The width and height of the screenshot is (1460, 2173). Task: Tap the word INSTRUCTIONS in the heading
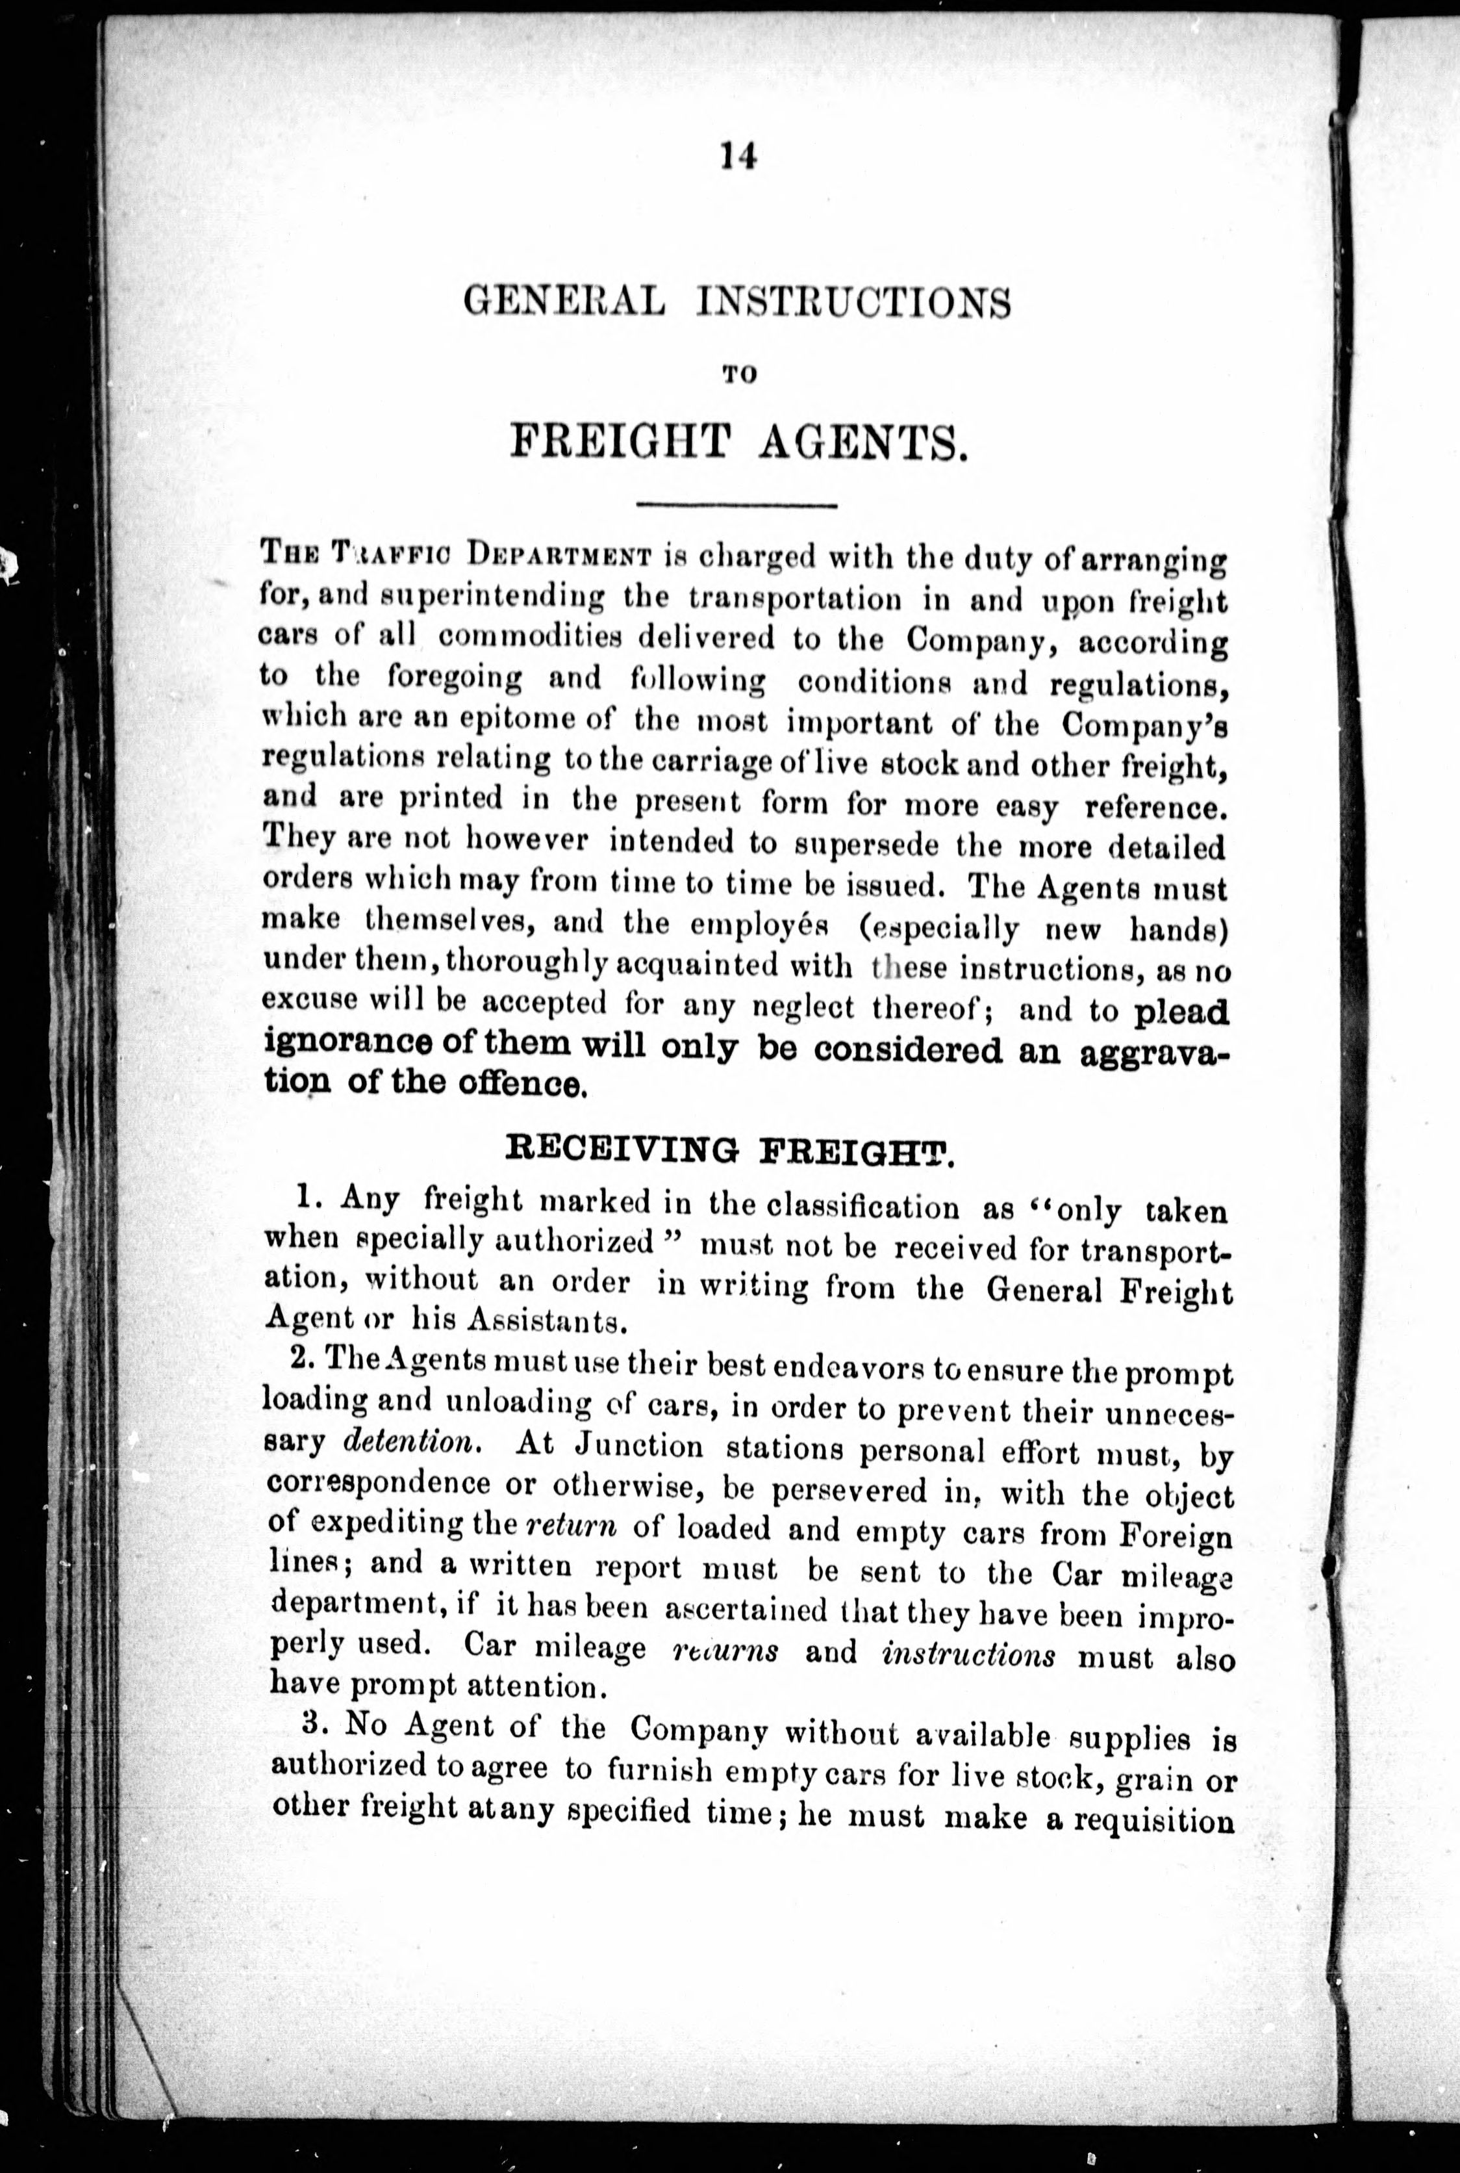point(854,305)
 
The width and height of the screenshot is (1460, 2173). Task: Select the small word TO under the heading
point(737,374)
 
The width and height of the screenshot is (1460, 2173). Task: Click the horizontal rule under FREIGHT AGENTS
point(737,506)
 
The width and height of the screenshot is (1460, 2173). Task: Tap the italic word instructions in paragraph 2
point(968,1655)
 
